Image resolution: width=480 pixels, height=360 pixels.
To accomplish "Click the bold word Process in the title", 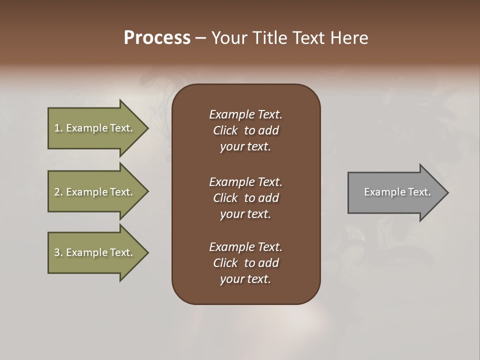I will [157, 38].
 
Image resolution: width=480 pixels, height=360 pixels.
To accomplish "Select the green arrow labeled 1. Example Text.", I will [95, 128].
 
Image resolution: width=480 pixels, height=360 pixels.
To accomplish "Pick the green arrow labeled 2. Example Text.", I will [95, 192].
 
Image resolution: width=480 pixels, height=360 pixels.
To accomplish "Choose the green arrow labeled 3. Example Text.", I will [95, 252].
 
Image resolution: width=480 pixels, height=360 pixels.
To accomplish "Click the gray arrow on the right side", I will [395, 192].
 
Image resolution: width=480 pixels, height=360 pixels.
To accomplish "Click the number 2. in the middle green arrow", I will [58, 192].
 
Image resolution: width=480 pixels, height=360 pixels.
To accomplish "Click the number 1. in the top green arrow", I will [58, 128].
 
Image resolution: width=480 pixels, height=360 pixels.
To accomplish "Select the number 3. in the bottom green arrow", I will [58, 252].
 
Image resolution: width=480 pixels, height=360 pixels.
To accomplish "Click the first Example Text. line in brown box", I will [245, 114].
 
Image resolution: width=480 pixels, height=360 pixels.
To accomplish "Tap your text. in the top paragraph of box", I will [245, 147].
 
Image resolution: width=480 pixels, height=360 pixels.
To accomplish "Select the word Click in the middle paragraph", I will [225, 198].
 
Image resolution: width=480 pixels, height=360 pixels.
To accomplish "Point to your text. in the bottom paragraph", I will [245, 279].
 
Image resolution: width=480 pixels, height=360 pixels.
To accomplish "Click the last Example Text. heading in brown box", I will [245, 247].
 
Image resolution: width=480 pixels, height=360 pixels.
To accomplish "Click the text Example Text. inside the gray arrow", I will [397, 192].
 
